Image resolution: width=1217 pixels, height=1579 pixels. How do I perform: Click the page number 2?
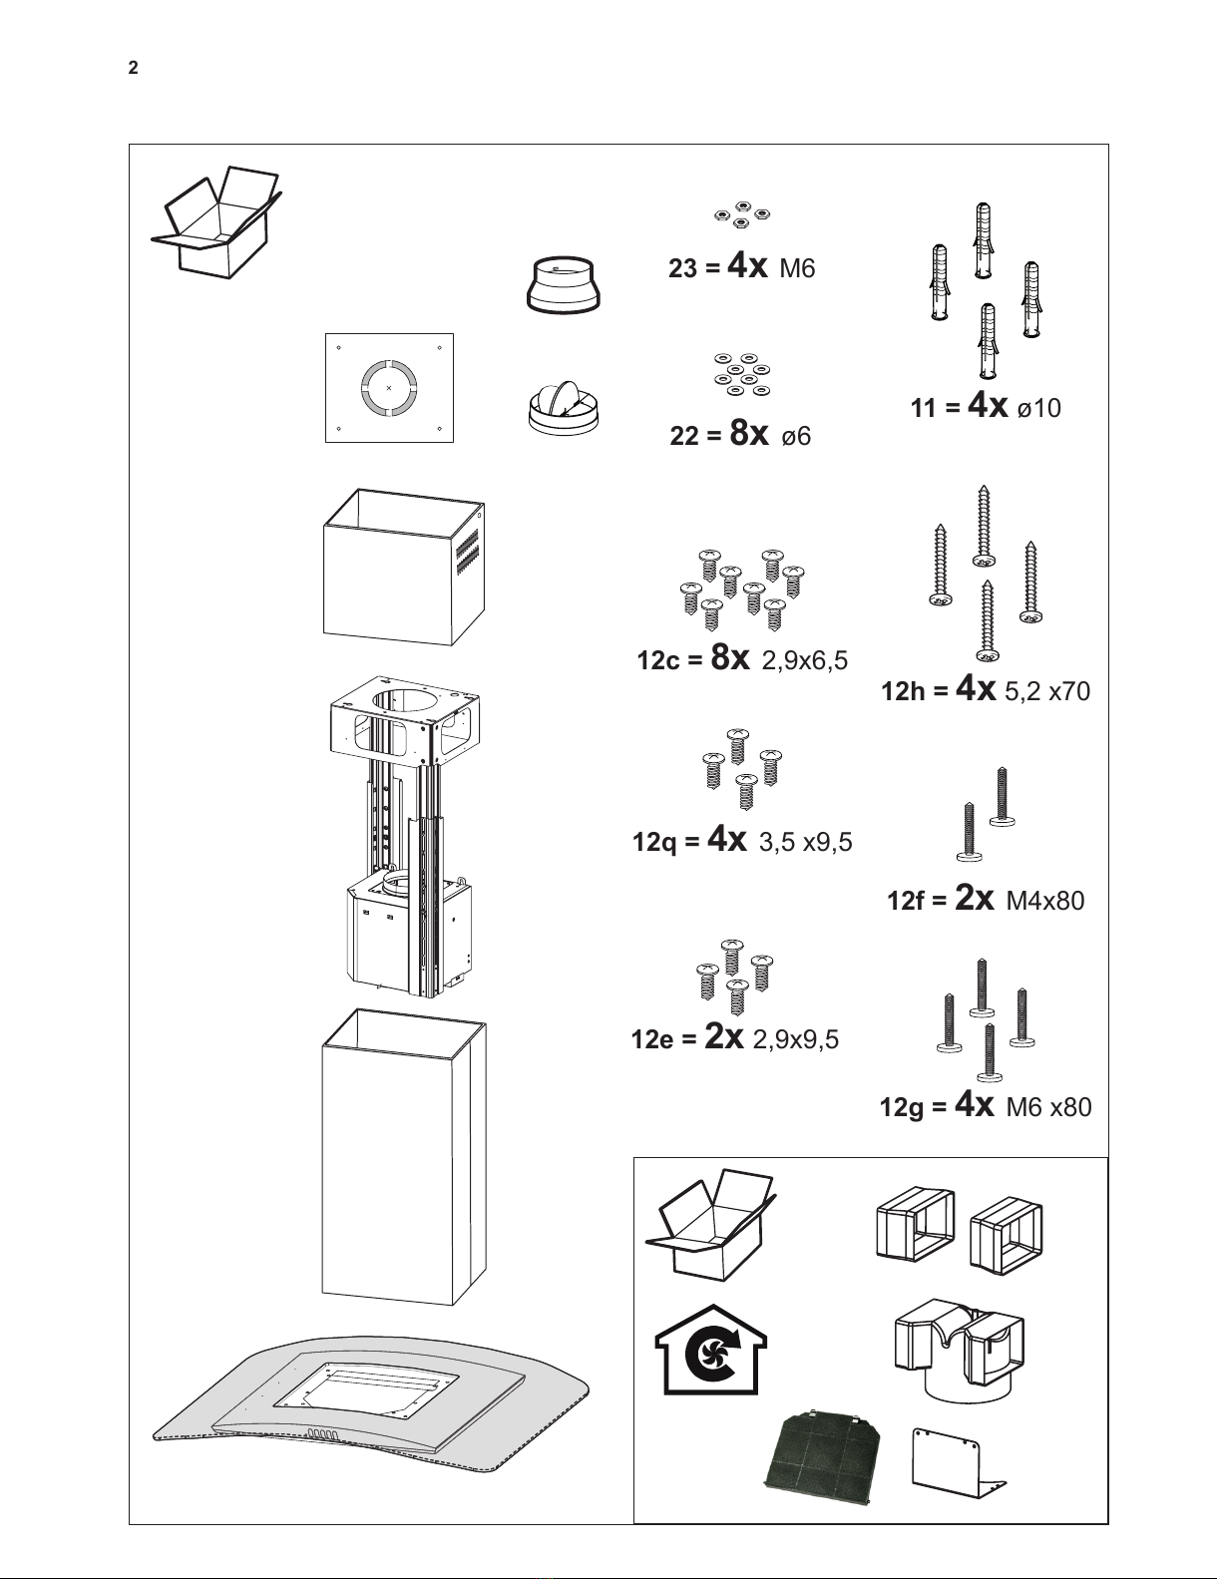click(133, 68)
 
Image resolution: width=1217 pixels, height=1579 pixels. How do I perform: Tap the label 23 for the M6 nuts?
click(683, 269)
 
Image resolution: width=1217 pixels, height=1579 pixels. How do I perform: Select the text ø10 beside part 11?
click(1039, 408)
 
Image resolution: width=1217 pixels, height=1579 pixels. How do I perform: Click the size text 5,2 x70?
click(1047, 691)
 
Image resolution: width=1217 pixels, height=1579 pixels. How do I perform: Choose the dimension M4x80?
click(1044, 901)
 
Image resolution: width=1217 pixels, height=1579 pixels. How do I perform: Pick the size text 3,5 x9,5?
click(805, 842)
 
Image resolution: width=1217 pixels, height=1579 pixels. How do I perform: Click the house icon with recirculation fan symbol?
click(711, 1351)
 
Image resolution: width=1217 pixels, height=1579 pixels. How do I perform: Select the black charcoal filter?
click(823, 1467)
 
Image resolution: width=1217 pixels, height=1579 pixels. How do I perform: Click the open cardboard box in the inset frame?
click(710, 1228)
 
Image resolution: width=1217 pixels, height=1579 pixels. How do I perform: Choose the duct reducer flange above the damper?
click(563, 284)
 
